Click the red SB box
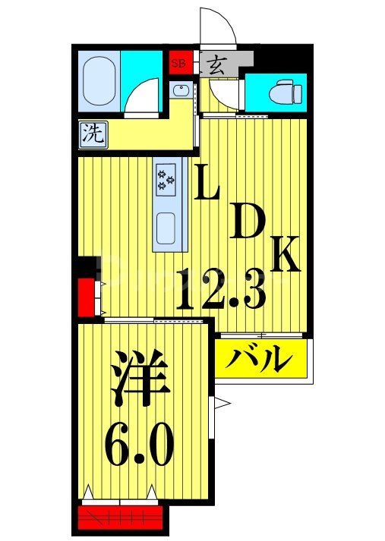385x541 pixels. pos(178,63)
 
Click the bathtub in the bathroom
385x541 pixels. pos(99,77)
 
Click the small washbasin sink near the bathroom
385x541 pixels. pos(180,91)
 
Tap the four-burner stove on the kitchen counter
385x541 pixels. pos(167,179)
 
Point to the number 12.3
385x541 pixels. pos(220,288)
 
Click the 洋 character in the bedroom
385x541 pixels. pos(140,379)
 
